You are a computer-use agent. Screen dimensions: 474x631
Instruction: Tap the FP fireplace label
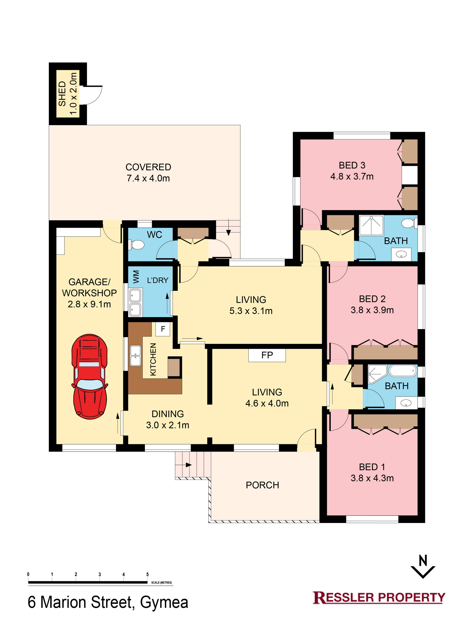click(x=267, y=355)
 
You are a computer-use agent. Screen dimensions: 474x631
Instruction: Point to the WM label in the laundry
click(x=136, y=277)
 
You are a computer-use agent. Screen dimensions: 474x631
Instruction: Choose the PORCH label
click(x=262, y=485)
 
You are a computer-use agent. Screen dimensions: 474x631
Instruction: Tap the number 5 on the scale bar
click(x=147, y=574)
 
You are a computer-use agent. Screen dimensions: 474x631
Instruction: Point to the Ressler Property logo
click(x=379, y=597)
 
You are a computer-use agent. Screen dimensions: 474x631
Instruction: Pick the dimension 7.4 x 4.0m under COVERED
click(x=148, y=178)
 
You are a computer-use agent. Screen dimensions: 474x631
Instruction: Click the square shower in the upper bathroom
click(x=371, y=225)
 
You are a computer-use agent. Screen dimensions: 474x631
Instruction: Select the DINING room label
click(x=168, y=414)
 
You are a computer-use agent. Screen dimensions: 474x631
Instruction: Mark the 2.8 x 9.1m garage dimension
click(x=89, y=304)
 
